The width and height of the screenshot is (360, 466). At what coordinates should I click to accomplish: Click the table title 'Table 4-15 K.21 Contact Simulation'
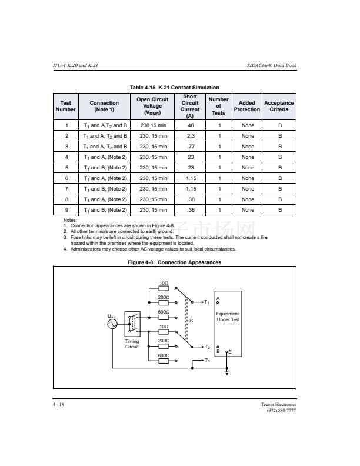tap(174, 88)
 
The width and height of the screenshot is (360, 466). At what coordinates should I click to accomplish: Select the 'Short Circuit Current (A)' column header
tap(190, 106)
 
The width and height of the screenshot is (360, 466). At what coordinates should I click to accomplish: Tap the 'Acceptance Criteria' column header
tap(279, 106)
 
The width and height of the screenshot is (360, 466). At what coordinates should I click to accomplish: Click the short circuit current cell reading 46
tap(190, 125)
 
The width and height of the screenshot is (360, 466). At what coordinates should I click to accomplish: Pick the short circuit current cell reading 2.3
tap(190, 136)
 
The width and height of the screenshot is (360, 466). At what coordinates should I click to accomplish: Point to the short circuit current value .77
tap(190, 147)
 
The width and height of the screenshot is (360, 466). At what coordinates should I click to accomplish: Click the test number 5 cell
tap(66, 168)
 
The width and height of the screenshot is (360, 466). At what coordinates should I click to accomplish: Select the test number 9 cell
tap(66, 210)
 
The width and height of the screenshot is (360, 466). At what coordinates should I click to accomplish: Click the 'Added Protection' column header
tap(246, 106)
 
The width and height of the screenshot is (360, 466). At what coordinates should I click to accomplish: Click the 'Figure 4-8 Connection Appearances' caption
tap(175, 262)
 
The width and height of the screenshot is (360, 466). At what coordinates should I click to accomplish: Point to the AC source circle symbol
tap(112, 326)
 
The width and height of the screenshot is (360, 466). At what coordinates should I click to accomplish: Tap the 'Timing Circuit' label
tap(132, 344)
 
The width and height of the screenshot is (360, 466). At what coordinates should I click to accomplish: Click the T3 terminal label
tap(208, 360)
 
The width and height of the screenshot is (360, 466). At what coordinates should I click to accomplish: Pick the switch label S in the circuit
tap(191, 321)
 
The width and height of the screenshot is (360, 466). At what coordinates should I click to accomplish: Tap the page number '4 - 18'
tap(59, 404)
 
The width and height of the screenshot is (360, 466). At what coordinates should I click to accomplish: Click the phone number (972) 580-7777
tap(281, 410)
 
